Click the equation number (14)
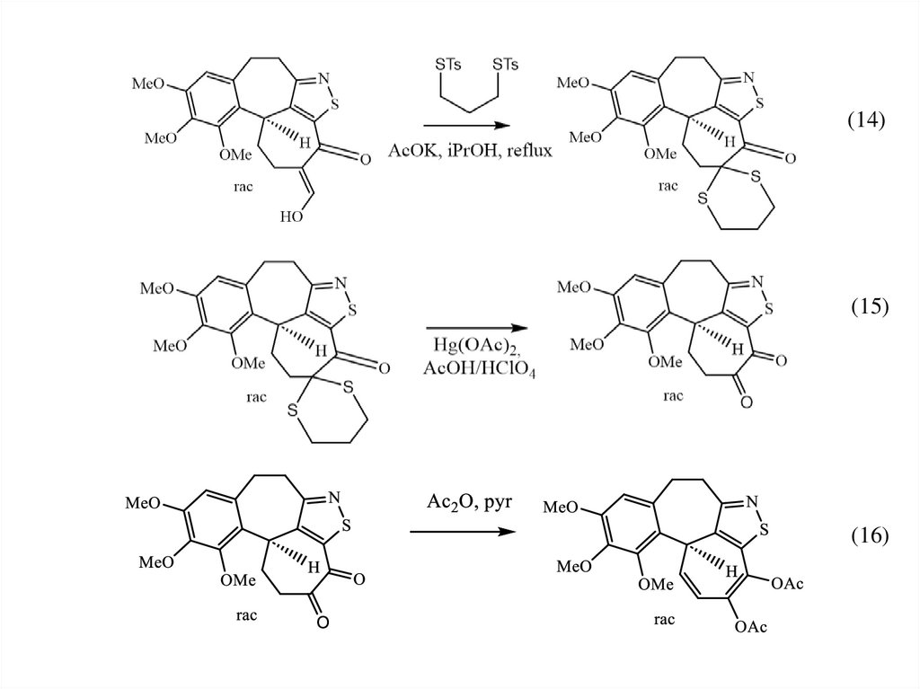[866, 120]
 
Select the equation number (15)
[870, 308]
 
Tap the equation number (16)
[870, 536]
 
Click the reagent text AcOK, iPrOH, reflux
[470, 151]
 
